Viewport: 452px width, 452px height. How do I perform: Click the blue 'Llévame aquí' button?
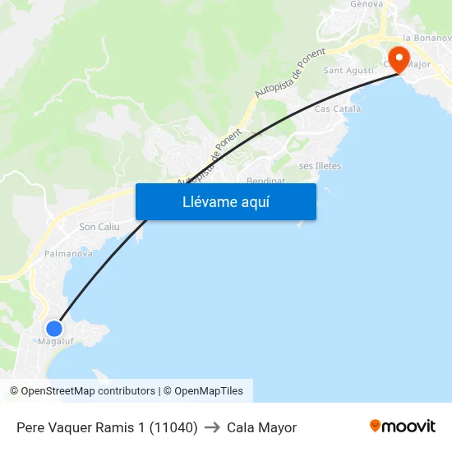[x=226, y=201]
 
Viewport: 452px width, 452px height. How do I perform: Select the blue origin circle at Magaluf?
[x=54, y=328]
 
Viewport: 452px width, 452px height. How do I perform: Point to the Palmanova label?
[x=68, y=254]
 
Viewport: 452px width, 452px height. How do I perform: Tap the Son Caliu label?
[x=99, y=227]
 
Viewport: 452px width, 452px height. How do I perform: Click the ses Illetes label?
[x=320, y=166]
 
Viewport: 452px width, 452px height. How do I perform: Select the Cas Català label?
[x=334, y=109]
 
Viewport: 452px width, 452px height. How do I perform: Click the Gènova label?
[x=367, y=4]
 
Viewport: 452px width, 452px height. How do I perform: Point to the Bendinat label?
[x=265, y=180]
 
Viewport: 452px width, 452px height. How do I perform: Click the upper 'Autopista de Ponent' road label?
[x=290, y=73]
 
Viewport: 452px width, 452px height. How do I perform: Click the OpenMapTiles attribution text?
[x=209, y=391]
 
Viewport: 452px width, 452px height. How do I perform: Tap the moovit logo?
[x=403, y=426]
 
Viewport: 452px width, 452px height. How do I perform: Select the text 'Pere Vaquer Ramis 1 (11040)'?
[x=107, y=427]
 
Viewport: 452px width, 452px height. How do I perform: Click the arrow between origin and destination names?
[x=212, y=427]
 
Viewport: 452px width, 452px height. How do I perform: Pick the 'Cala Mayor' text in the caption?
[x=261, y=427]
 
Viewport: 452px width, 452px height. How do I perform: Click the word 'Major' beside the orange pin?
[x=418, y=64]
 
